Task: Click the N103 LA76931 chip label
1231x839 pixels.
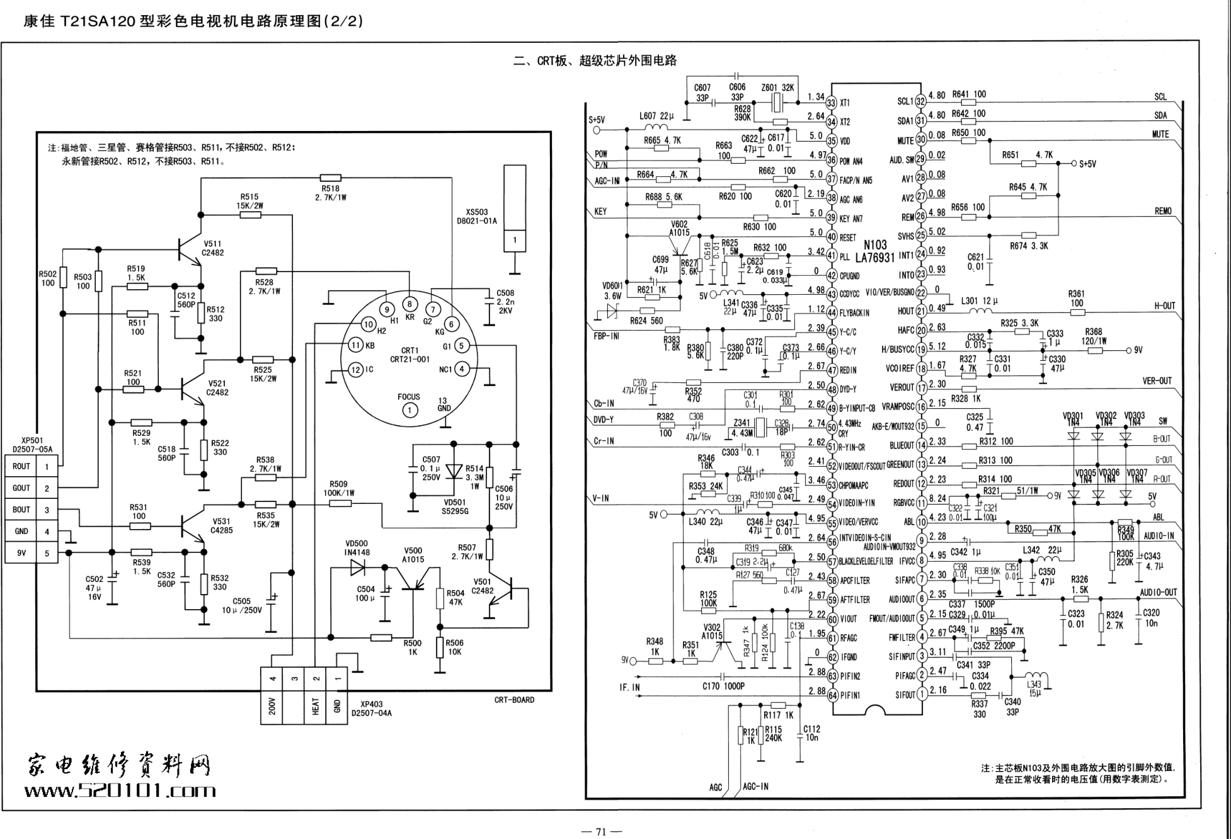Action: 874,251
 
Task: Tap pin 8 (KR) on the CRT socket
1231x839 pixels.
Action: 409,304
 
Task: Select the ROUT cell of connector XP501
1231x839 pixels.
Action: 21,467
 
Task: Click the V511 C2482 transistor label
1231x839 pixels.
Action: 212,248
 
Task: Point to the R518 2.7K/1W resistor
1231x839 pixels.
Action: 331,178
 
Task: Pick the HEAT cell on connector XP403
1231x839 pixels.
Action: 316,705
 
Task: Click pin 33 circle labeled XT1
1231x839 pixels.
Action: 832,103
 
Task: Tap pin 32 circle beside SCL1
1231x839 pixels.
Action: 920,101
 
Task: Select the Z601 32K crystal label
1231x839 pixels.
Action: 777,88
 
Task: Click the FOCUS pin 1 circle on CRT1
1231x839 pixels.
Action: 409,411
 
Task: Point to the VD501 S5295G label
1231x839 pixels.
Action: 455,507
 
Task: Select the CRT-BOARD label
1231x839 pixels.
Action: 514,700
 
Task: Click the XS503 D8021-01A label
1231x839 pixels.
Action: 477,217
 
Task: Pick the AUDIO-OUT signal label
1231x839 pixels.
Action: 1158,593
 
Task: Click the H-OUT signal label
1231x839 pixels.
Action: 1164,306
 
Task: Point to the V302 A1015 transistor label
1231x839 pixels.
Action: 712,632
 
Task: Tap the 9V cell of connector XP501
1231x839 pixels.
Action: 21,554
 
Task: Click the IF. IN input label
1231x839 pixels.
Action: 629,687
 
